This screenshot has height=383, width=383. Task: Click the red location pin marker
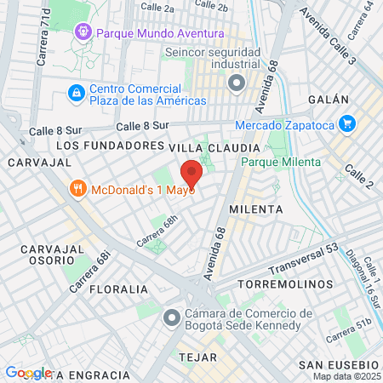point(191,174)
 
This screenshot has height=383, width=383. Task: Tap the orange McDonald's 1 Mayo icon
point(77,188)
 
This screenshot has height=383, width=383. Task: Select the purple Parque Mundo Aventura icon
point(83,33)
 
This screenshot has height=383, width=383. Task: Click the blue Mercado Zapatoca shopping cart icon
point(346,123)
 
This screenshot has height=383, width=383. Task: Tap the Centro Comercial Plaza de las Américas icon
point(77,91)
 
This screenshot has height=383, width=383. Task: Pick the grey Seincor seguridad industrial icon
point(237,83)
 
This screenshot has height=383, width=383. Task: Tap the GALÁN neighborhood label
point(349,98)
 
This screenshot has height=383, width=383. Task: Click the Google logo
point(28,373)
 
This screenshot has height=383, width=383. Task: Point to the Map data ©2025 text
point(346,376)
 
